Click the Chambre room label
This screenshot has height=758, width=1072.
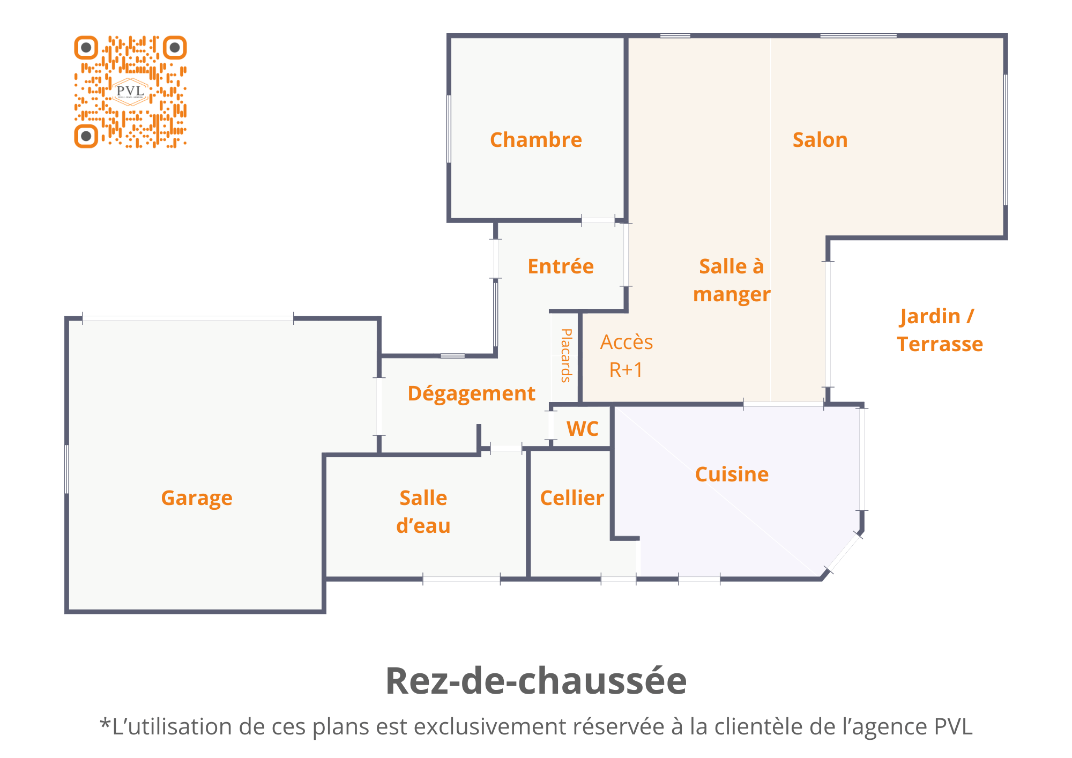click(x=536, y=140)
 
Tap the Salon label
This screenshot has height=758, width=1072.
click(x=820, y=140)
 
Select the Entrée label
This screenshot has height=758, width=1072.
click(x=561, y=266)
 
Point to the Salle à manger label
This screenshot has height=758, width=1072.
click(x=732, y=280)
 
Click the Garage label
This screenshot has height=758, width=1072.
click(x=197, y=499)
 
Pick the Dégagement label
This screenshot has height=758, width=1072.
click(x=472, y=394)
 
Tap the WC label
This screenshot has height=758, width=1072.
click(x=583, y=429)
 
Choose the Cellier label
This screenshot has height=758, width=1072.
click(x=572, y=498)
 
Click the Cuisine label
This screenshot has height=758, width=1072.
click(x=732, y=474)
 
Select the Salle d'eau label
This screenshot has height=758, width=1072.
click(x=423, y=512)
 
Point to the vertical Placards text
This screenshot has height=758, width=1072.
click(x=566, y=355)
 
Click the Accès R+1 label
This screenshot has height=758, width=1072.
click(x=626, y=356)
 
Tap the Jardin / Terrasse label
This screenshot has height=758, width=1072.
click(x=940, y=330)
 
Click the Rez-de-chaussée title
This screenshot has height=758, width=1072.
click(x=536, y=681)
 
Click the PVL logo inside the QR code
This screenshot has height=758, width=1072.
click(x=131, y=92)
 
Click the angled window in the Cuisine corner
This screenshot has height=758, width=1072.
click(x=843, y=553)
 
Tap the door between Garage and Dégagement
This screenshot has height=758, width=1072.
click(x=379, y=406)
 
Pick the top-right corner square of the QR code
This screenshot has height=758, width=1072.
click(x=175, y=48)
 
